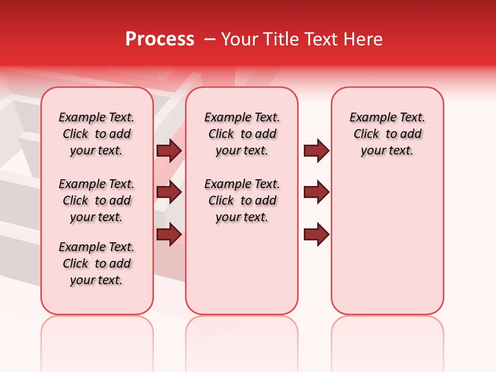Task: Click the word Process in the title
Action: [x=160, y=39]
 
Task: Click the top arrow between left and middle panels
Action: [x=169, y=150]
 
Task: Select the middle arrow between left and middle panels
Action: [x=169, y=192]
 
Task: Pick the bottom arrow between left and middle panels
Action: [x=169, y=234]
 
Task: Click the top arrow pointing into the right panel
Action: [x=316, y=150]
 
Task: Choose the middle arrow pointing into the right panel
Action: [x=316, y=192]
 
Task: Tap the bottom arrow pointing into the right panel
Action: [x=316, y=234]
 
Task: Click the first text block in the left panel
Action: [x=97, y=134]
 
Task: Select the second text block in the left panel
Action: [x=97, y=200]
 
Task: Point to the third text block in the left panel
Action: [x=97, y=263]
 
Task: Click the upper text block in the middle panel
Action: [x=242, y=134]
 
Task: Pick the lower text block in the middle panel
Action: [x=242, y=200]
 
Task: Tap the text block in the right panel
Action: [x=388, y=134]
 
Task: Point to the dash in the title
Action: [x=210, y=39]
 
